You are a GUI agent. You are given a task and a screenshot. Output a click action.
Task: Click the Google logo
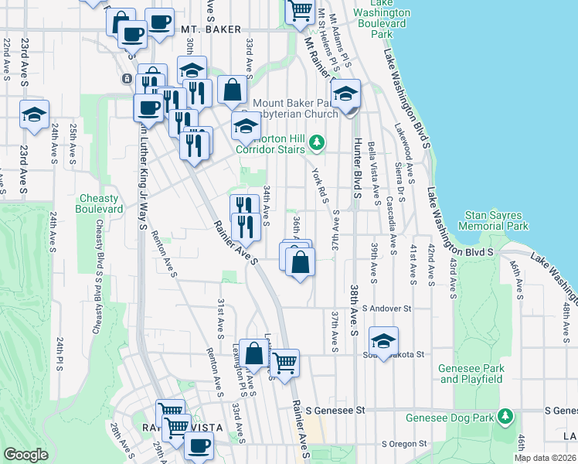point(26,455)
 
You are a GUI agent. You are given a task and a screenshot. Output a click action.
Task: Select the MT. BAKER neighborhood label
point(206,29)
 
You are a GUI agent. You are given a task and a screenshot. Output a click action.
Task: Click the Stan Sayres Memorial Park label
point(497,220)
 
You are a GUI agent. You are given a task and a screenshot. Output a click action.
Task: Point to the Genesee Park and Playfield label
point(471,374)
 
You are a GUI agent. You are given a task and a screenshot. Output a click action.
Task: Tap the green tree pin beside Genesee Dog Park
point(505,418)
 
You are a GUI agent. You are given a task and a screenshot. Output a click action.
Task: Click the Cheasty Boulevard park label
point(99,203)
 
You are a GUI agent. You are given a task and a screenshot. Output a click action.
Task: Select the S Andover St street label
point(386,308)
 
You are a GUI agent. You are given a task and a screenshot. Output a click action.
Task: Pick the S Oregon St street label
point(404,444)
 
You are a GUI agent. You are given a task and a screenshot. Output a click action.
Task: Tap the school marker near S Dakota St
point(382,340)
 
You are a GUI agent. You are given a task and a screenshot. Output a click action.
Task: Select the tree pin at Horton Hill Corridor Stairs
point(316,143)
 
